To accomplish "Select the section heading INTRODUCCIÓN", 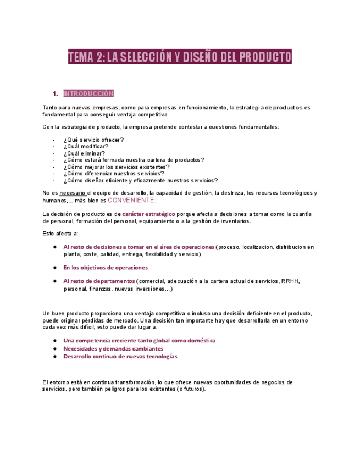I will pos(88,93).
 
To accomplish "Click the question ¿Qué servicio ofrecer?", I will pos(93,140).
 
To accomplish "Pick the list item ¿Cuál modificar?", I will pos(86,147).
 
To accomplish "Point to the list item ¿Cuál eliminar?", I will pos(85,153).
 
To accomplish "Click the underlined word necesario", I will pos(72,193).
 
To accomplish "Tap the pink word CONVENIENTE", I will pos(131,201).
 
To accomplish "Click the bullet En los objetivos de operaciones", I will pos(106,268).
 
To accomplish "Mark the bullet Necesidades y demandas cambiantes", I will pos(113,348).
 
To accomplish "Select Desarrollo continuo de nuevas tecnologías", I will pos(120,356).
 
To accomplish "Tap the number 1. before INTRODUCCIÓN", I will pos(55,93).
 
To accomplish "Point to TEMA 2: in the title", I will pos(86,57).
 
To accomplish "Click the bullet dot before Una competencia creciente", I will pos(56,341).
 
